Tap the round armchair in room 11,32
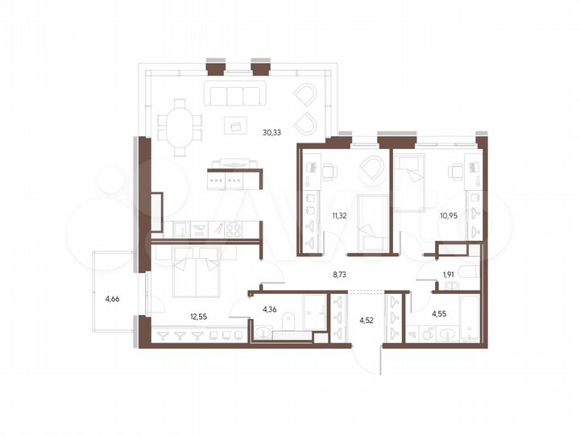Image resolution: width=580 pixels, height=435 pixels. [372, 169]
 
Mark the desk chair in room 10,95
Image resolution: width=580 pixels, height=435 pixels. [457, 171]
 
